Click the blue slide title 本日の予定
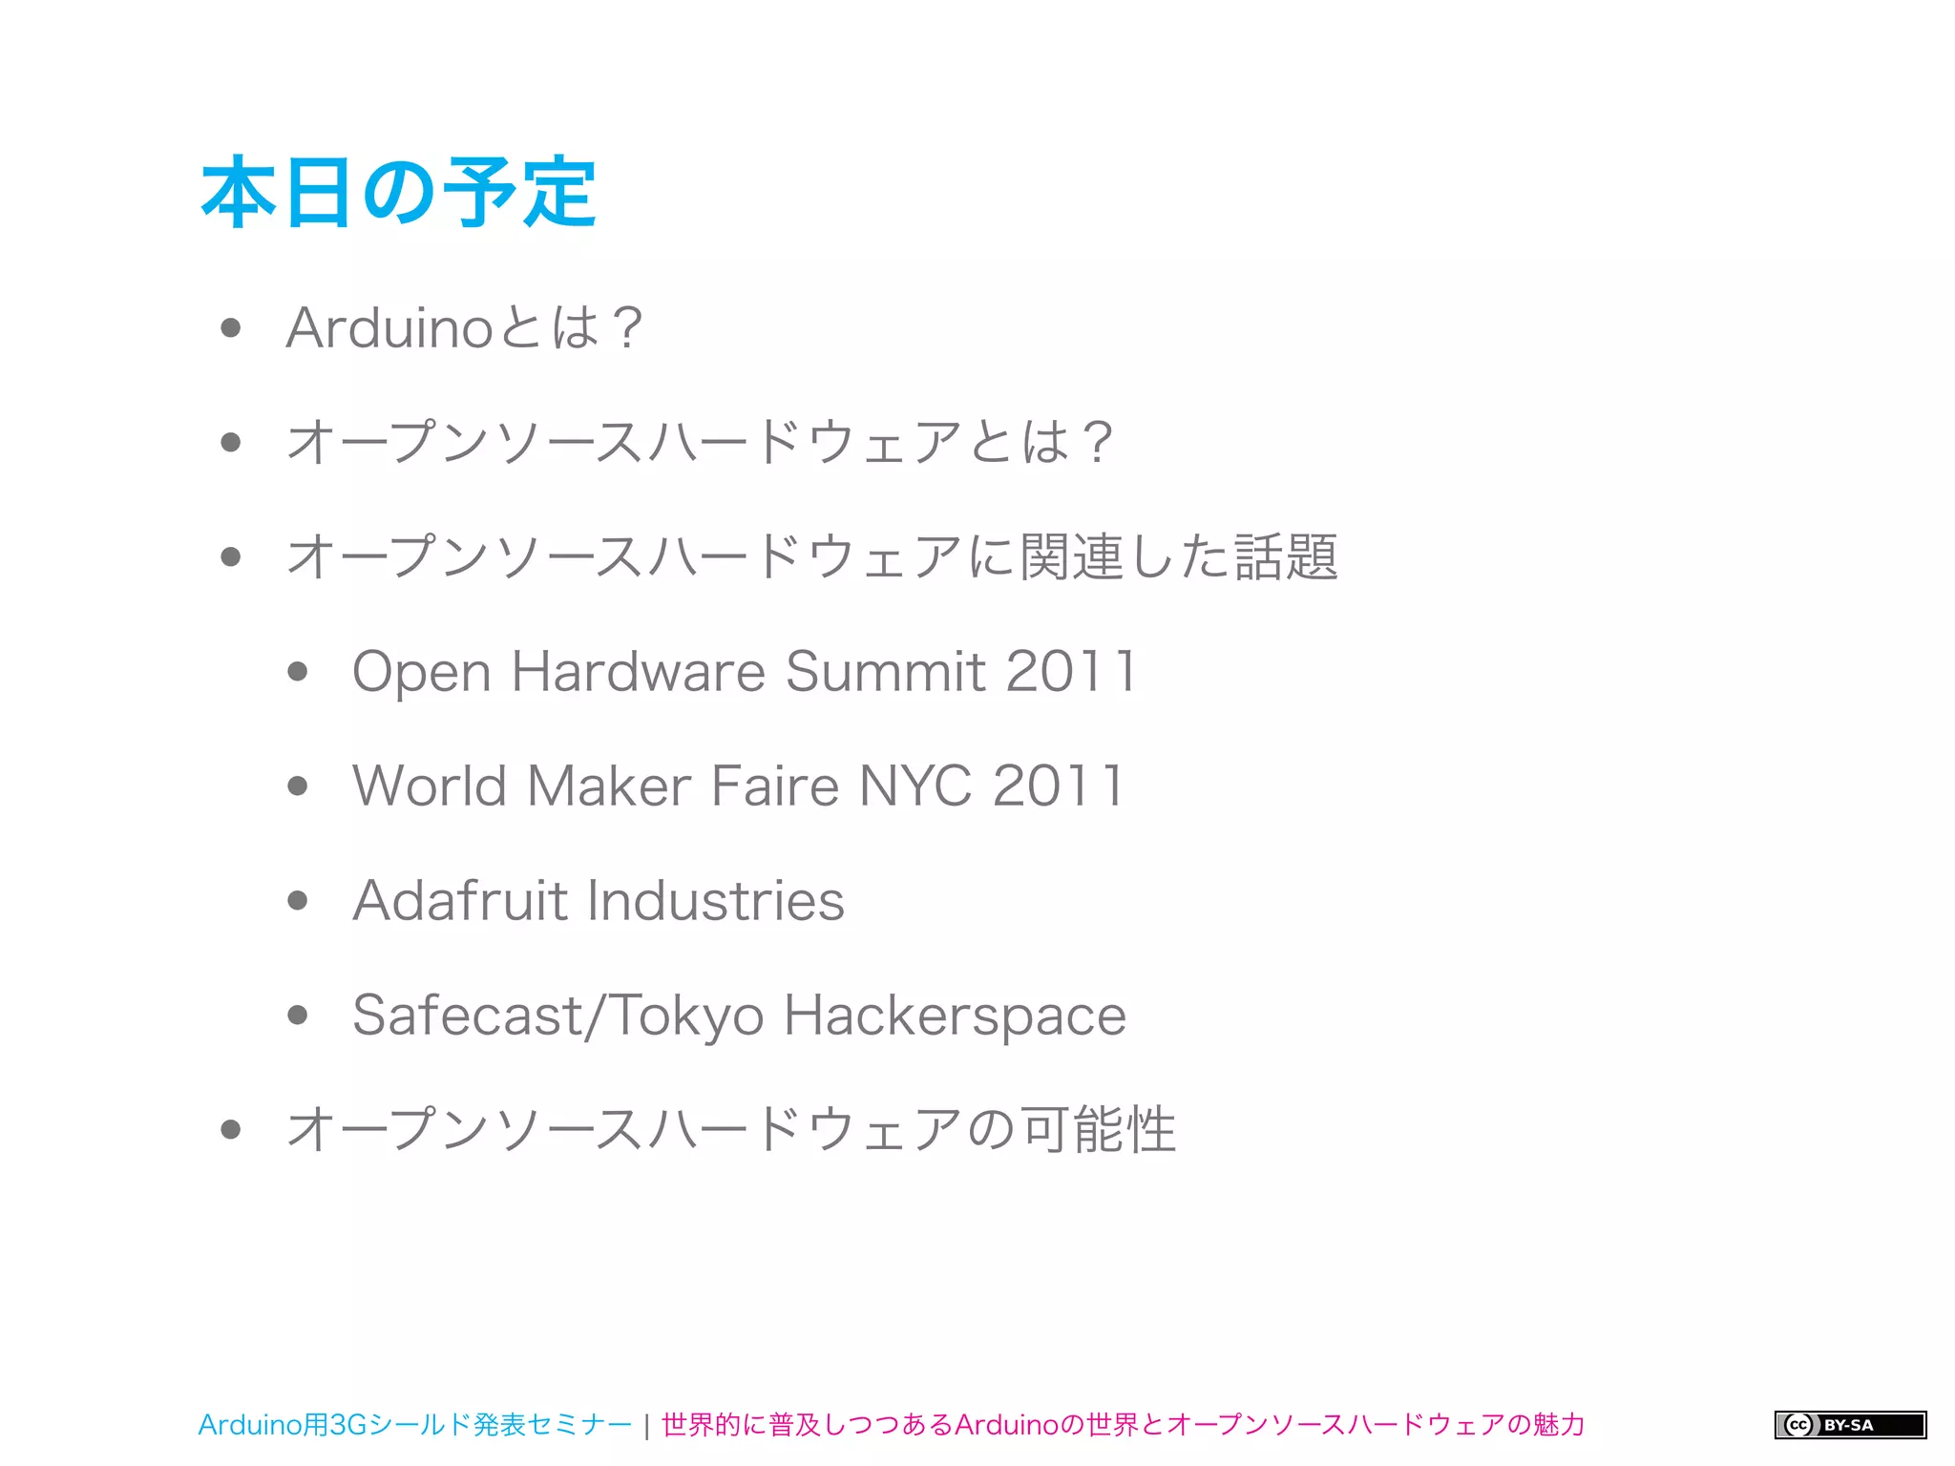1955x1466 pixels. pyautogui.click(x=399, y=193)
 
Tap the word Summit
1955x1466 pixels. pyautogui.click(x=886, y=672)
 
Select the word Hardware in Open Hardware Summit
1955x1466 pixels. pyautogui.click(x=639, y=672)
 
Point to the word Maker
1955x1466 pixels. pyautogui.click(x=609, y=786)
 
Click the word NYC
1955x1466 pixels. pyautogui.click(x=916, y=786)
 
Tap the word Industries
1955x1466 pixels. pyautogui.click(x=716, y=901)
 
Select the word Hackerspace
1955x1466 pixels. pyautogui.click(x=955, y=1016)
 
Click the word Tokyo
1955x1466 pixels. pyautogui.click(x=685, y=1016)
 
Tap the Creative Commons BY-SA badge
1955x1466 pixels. pyautogui.click(x=1850, y=1425)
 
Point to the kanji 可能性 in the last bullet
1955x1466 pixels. pyautogui.click(x=1098, y=1130)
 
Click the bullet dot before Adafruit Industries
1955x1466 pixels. pyautogui.click(x=298, y=901)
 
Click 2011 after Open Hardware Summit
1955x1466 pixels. pyautogui.click(x=1071, y=672)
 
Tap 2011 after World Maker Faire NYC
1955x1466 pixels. pyautogui.click(x=1059, y=786)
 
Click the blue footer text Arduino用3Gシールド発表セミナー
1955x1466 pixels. pyautogui.click(x=414, y=1425)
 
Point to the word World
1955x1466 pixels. pyautogui.click(x=430, y=786)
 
